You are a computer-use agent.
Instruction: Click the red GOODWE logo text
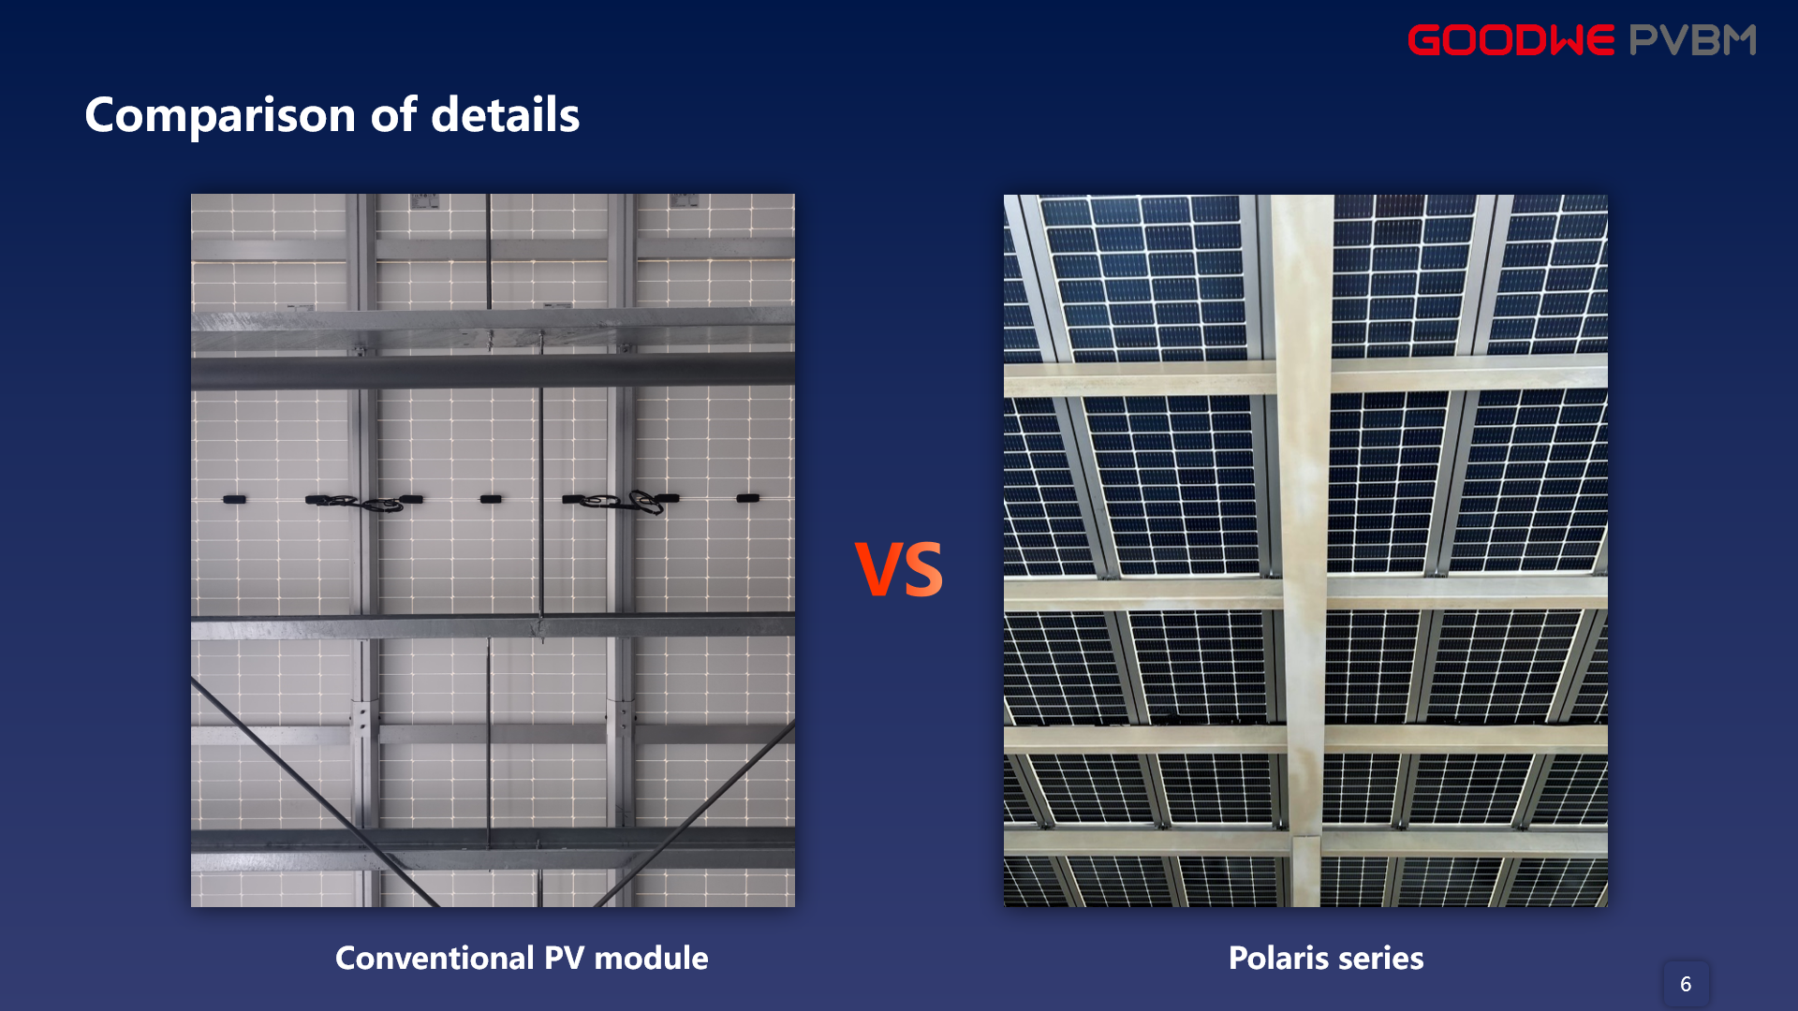point(1511,40)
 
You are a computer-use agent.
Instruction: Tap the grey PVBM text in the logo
point(1693,40)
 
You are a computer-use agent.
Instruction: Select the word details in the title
point(506,115)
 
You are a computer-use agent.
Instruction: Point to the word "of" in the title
point(394,114)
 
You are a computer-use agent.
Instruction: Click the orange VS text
point(899,569)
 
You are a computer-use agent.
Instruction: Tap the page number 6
point(1686,984)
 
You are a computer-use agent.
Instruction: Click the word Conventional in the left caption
point(435,958)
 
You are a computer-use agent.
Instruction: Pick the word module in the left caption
point(651,958)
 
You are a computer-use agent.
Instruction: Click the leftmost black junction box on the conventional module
point(234,500)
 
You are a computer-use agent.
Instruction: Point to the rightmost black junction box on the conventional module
point(747,498)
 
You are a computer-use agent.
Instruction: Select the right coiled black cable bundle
point(623,502)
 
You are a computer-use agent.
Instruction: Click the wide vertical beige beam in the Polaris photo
point(1304,550)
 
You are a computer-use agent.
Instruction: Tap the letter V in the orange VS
point(877,569)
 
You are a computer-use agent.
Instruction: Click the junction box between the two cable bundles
point(491,500)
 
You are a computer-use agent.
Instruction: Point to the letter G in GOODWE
point(1424,40)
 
